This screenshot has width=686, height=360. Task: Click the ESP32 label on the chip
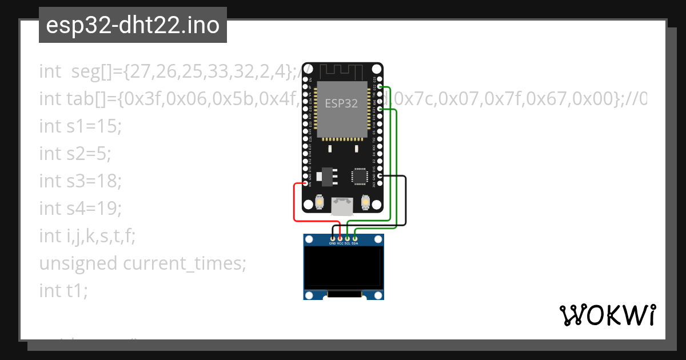click(341, 103)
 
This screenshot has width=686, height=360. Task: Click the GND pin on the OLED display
click(333, 238)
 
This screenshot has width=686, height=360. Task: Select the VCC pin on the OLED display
click(340, 238)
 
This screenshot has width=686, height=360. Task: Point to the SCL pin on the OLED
click(348, 238)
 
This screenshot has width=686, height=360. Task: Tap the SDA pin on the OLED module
click(355, 238)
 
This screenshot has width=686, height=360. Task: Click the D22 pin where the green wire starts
click(380, 87)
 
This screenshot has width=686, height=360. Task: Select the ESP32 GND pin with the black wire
click(380, 177)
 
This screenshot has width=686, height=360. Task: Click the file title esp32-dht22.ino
click(133, 25)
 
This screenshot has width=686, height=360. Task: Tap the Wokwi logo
click(607, 315)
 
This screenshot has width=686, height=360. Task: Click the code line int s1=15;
click(80, 126)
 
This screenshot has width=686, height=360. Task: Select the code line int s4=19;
click(80, 208)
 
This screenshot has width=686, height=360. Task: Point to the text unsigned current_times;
click(142, 263)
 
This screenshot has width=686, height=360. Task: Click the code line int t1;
click(63, 290)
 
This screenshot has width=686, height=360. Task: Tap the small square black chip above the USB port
click(360, 175)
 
